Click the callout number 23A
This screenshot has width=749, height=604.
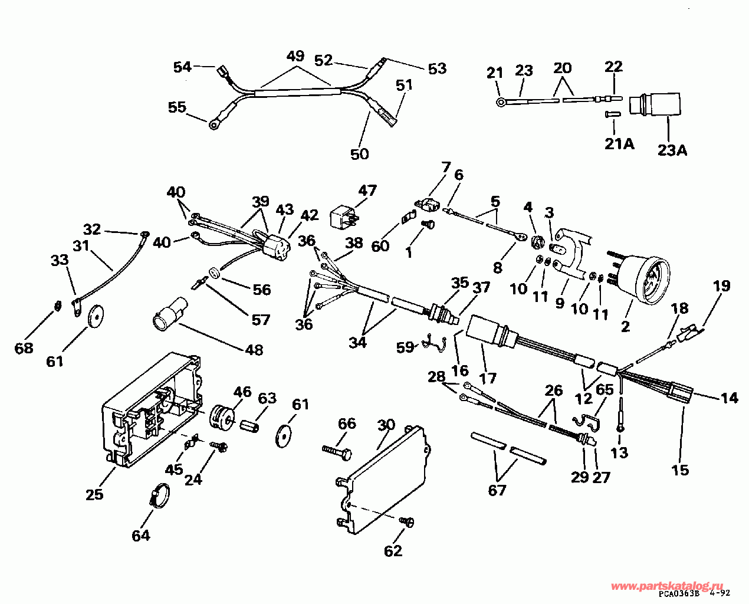(673, 150)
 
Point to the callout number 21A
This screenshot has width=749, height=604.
(618, 143)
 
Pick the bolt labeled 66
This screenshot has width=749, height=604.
(337, 451)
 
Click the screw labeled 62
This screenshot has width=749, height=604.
(407, 521)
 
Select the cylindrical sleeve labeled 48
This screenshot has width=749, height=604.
(169, 314)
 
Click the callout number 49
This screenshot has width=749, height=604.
(295, 57)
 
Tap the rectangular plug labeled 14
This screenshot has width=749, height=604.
(681, 391)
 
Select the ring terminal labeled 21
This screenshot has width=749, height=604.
(501, 103)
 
